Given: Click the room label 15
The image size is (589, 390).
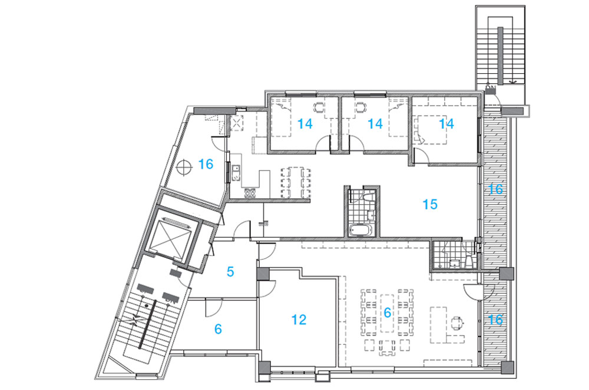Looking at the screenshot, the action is pos(430,204).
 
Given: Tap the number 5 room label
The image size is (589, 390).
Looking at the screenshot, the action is pos(230,271).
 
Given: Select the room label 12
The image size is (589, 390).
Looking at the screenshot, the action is pos(299,320).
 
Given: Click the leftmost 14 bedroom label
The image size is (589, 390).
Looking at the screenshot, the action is pos(305,123).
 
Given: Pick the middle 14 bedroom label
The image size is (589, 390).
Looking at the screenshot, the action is pos(375,123).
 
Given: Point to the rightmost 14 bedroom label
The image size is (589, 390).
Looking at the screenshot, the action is pos(446,123).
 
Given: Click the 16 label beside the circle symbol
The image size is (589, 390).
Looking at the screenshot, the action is pos(206,164).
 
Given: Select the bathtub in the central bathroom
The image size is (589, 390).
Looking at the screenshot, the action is pos(360,230).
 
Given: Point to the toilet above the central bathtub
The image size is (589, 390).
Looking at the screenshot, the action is pos(368,196).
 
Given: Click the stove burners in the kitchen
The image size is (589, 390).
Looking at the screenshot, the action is pos(250,193).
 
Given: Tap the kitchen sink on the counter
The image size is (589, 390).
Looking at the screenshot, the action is pos(236,173).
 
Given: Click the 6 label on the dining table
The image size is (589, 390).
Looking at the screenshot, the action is pos(388,312).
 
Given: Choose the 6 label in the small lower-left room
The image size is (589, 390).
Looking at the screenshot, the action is pos(218,329).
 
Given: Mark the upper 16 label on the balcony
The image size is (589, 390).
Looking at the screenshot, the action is pos(495,189).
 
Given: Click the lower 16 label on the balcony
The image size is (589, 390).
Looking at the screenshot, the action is pos(495,320).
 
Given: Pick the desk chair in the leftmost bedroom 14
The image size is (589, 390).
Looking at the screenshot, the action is pos(319,108).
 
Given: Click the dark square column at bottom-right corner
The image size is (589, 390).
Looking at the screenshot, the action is pos(507,368).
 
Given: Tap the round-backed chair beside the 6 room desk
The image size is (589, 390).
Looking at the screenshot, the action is pos(457,322).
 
